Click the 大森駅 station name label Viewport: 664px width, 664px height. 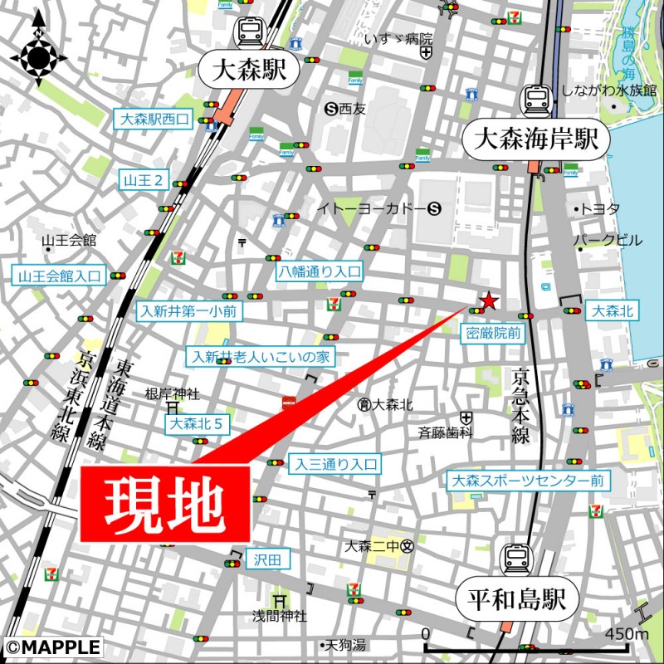pos(249,71)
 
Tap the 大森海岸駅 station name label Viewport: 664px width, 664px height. pos(535,139)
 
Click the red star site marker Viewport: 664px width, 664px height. pos(490,300)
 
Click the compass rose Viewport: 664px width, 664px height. pos(38,56)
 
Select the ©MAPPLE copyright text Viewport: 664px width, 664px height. pos(52,647)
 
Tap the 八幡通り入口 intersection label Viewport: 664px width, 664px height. pos(320,271)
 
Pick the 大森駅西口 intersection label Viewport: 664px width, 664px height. pos(152,120)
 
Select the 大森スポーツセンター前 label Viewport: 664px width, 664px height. pos(528,481)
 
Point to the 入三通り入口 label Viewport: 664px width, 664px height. pos(334,465)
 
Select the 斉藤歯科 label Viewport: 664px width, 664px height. pos(445,432)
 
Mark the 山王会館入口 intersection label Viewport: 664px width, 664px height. pos(60,276)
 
